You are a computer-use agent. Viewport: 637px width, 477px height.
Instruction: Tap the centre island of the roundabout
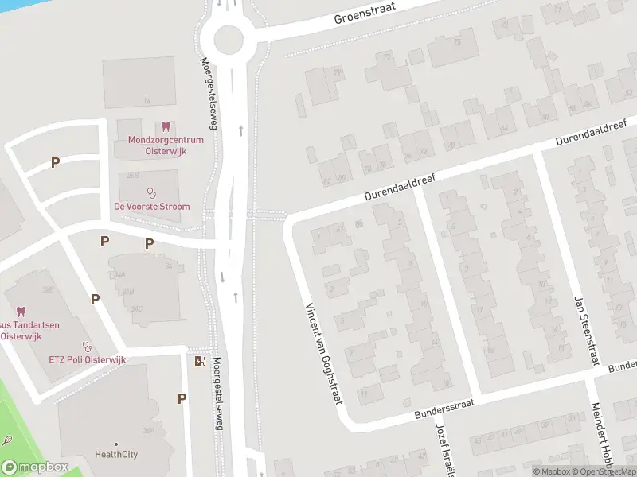coord(228,37)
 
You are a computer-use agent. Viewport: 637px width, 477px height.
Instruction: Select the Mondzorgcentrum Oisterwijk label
coord(166,145)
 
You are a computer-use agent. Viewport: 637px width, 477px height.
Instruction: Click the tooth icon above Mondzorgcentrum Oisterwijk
coord(166,126)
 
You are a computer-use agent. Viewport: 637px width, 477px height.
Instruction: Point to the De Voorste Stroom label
coord(151,207)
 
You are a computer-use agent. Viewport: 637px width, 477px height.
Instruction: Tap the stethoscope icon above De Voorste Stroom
coord(151,192)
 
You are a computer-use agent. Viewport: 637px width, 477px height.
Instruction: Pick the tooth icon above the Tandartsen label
coord(21,312)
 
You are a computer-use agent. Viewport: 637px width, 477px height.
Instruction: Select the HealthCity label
coord(115,455)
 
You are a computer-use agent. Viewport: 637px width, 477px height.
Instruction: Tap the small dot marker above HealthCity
coord(115,444)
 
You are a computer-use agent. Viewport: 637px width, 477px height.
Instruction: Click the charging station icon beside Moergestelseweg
coord(199,362)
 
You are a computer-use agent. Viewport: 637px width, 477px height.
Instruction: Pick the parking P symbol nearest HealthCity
coord(182,399)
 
